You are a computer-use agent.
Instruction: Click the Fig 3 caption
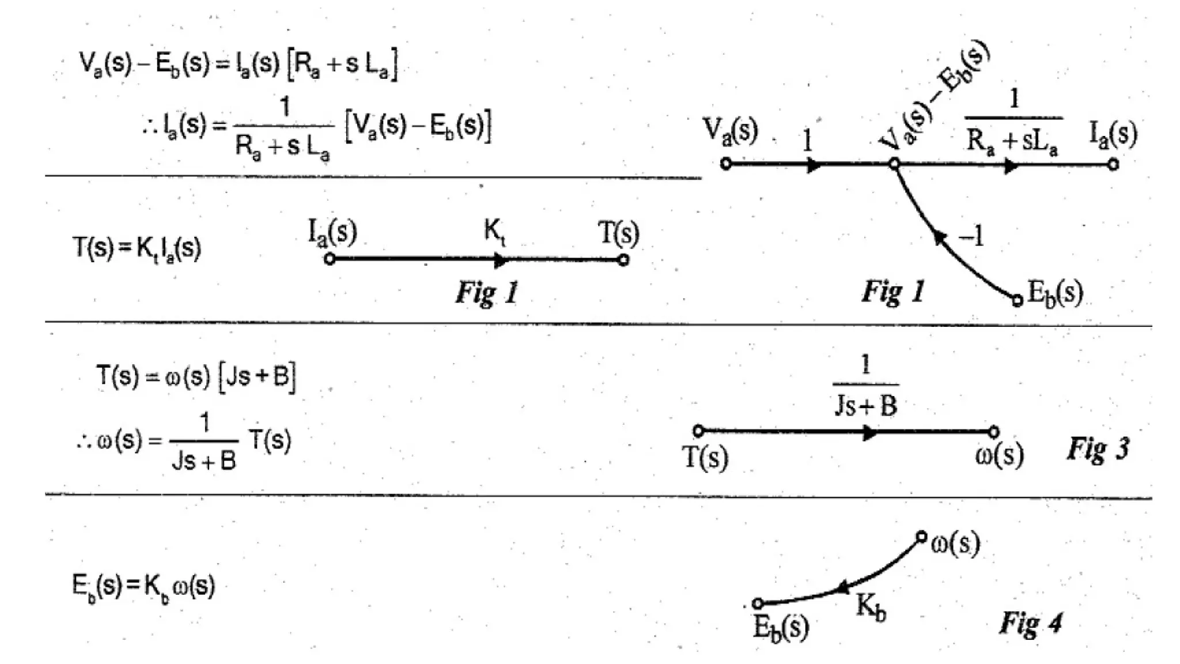click(1098, 449)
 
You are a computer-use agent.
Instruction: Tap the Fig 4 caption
click(1031, 623)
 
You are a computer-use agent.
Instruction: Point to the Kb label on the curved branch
click(871, 608)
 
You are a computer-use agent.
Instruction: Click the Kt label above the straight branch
click(494, 232)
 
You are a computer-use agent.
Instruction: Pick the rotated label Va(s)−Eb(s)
click(933, 96)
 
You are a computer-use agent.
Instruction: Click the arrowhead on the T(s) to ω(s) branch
click(869, 433)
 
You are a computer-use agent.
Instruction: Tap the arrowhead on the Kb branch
click(842, 588)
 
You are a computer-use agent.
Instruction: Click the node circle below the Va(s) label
click(726, 164)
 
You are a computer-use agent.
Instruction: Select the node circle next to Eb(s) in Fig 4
click(758, 603)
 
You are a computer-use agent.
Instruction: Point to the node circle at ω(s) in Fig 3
click(993, 432)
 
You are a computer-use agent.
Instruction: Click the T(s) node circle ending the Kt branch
click(623, 260)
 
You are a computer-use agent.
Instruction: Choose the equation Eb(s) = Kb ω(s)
click(143, 586)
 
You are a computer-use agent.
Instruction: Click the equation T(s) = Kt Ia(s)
click(137, 248)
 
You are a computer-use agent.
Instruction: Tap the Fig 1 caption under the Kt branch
click(487, 292)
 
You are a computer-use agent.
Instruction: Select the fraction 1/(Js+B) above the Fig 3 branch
click(865, 386)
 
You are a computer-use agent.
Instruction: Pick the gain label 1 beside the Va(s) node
click(807, 140)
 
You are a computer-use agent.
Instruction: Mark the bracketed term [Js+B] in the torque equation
click(258, 378)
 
